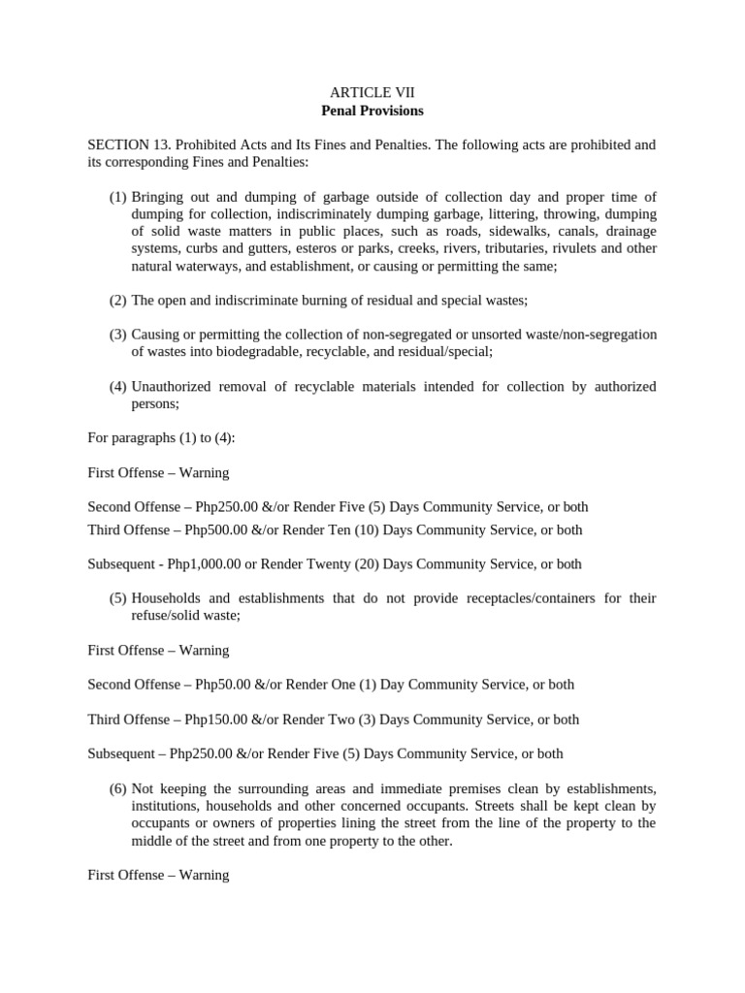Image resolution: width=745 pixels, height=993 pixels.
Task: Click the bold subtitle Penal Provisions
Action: coord(372,111)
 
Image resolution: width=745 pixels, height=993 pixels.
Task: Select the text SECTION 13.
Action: coord(126,144)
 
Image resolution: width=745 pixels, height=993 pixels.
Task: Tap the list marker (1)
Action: coord(117,197)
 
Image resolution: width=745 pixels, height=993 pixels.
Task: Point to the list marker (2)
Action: coord(117,300)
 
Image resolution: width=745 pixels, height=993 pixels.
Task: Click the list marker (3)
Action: coord(117,335)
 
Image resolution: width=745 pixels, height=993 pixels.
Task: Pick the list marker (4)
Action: coord(117,387)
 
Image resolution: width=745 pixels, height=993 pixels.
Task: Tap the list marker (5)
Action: coord(117,598)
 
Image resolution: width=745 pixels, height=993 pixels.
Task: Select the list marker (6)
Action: coord(117,788)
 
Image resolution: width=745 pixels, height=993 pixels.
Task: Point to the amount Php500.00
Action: coord(219,529)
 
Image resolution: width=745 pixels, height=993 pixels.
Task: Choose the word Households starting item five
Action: coord(166,598)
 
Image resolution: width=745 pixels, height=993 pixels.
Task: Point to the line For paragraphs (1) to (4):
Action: coord(161,438)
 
